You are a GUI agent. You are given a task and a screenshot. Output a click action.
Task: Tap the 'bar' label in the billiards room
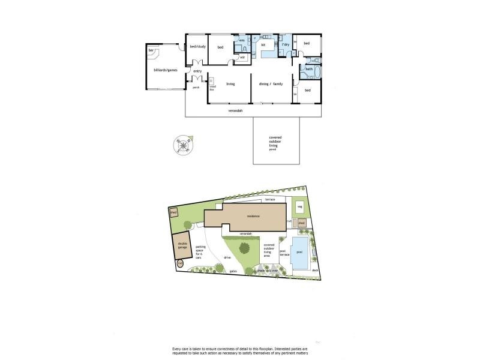(152, 50)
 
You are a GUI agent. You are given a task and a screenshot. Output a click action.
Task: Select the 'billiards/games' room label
(165, 70)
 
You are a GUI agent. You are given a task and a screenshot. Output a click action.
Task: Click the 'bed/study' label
(197, 47)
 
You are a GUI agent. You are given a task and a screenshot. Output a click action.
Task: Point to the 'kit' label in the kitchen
(263, 45)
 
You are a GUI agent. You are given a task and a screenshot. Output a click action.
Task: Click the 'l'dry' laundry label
(286, 45)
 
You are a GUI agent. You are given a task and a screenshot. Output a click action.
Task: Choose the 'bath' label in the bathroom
(309, 69)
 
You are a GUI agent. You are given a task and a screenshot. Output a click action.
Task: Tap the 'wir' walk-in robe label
(242, 58)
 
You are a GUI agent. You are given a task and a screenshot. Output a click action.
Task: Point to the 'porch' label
(196, 88)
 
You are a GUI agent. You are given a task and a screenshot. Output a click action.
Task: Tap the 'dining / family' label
(271, 84)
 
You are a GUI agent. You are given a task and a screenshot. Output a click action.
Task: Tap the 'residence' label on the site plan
(253, 217)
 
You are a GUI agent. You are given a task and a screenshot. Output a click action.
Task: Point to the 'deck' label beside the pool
(315, 269)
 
